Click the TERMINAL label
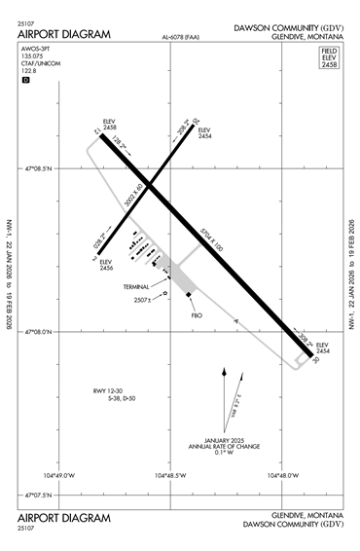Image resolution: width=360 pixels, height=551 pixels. [x=136, y=287]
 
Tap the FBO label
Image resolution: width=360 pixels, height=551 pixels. [x=195, y=316]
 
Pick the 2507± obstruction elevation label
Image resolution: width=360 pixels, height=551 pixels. [x=144, y=299]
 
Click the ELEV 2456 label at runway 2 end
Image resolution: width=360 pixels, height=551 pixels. [x=106, y=264]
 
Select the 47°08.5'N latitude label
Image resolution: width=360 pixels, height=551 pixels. [x=39, y=168]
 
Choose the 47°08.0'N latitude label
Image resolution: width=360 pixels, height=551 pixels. [x=39, y=331]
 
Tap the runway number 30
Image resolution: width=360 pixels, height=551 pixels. [x=316, y=360]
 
